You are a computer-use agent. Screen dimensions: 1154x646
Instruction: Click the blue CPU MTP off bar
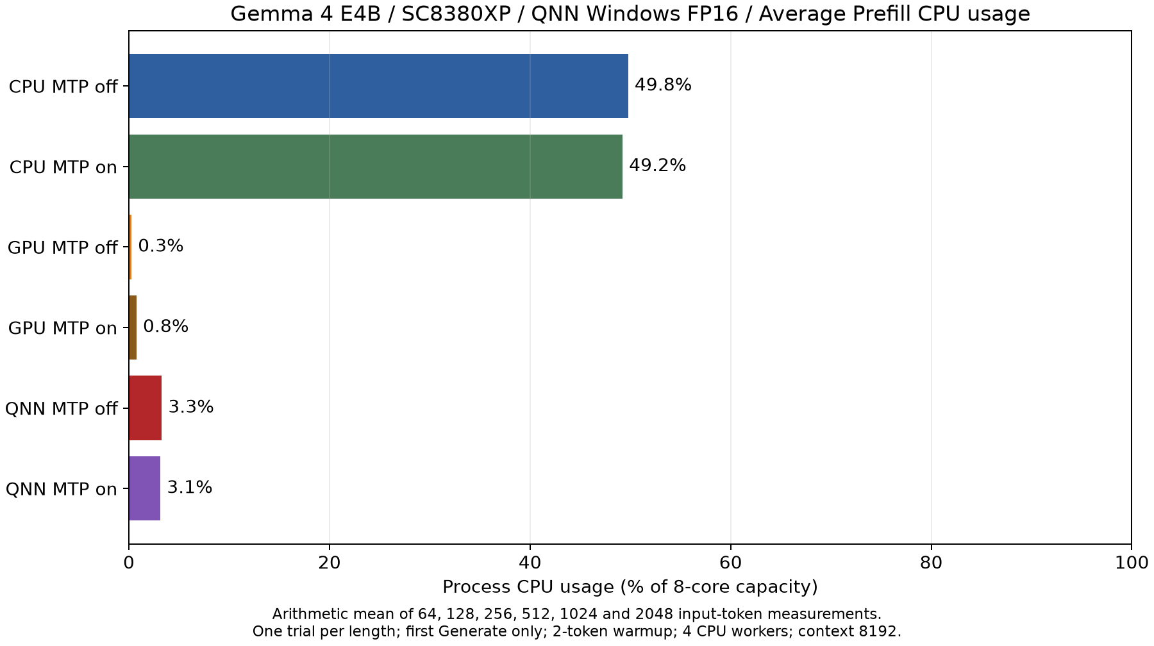coord(378,86)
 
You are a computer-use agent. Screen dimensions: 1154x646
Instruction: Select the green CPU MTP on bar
coord(376,167)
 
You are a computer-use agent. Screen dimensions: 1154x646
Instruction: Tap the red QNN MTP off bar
coord(146,408)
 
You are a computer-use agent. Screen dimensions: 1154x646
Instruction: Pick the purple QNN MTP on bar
coord(144,488)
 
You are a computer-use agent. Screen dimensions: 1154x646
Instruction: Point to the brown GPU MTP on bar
coord(133,327)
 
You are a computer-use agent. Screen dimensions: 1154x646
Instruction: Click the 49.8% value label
coord(663,85)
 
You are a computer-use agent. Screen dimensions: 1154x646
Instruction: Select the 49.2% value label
coord(657,166)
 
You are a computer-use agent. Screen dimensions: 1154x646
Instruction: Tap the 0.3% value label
coord(161,246)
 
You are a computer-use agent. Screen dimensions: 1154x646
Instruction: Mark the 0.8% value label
coord(165,327)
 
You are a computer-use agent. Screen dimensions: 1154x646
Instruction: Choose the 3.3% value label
coord(191,407)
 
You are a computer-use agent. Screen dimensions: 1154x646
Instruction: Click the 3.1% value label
coord(190,488)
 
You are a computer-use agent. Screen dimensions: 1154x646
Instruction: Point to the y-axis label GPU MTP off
coord(62,248)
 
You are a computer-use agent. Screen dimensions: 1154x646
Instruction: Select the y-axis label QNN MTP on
coord(62,490)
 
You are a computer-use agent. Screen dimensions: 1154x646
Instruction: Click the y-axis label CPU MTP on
coord(63,167)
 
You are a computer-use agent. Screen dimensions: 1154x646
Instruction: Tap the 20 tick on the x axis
coord(330,563)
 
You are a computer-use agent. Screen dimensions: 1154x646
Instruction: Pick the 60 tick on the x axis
coord(730,563)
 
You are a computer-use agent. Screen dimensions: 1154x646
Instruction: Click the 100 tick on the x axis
coord(1132,563)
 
